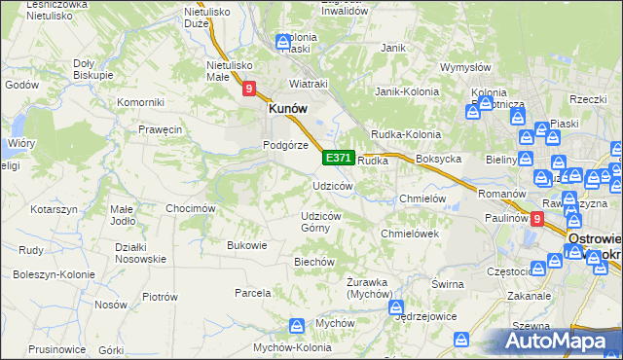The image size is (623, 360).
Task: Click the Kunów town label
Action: point(288,110)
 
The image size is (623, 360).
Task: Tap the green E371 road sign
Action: point(338,157)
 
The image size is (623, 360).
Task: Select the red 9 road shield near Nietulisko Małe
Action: point(250,90)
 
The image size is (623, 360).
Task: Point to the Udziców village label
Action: point(332,186)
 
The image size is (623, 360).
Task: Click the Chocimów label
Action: point(190,208)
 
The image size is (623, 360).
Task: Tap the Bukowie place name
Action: point(246,245)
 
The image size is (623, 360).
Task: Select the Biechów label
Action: point(314,262)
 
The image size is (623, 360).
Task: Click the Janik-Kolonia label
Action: point(408,91)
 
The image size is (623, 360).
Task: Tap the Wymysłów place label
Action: point(464,67)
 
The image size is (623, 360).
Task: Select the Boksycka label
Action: point(438,159)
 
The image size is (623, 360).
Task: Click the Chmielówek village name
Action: point(411,234)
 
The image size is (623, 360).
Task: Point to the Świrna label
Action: point(446,283)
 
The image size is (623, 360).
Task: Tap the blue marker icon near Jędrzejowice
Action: point(397,307)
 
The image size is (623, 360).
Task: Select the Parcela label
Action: point(252,292)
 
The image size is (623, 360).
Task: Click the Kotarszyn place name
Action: point(54,209)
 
